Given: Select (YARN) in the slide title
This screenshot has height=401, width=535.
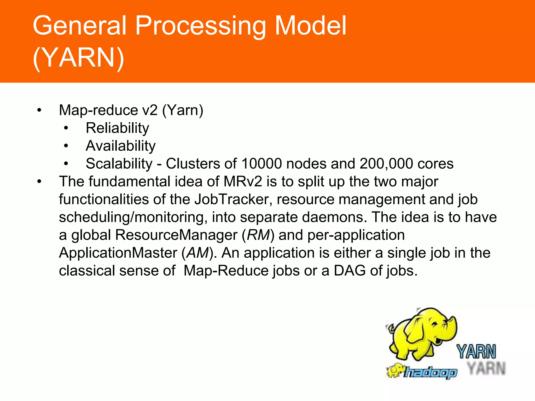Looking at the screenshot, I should [x=78, y=58].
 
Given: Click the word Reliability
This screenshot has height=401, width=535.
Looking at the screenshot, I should [x=117, y=128].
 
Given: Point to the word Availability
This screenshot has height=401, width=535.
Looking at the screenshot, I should [x=120, y=146].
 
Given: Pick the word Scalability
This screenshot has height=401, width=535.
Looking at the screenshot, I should [x=119, y=164].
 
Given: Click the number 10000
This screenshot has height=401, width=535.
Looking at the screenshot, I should [x=261, y=164].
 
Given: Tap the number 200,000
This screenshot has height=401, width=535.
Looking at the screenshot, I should [x=386, y=164].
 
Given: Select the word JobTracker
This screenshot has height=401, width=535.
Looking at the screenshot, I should [x=231, y=199].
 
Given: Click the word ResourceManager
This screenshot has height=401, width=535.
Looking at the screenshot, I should [x=176, y=235].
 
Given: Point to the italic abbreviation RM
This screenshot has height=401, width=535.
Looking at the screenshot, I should [x=258, y=235].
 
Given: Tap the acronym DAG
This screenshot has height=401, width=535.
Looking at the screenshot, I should [x=350, y=271].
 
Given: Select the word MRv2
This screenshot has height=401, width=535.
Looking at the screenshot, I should [x=242, y=181].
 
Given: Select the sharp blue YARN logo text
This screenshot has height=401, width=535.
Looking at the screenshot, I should [x=476, y=351].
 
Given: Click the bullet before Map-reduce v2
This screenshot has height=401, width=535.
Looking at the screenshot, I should [x=39, y=110].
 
